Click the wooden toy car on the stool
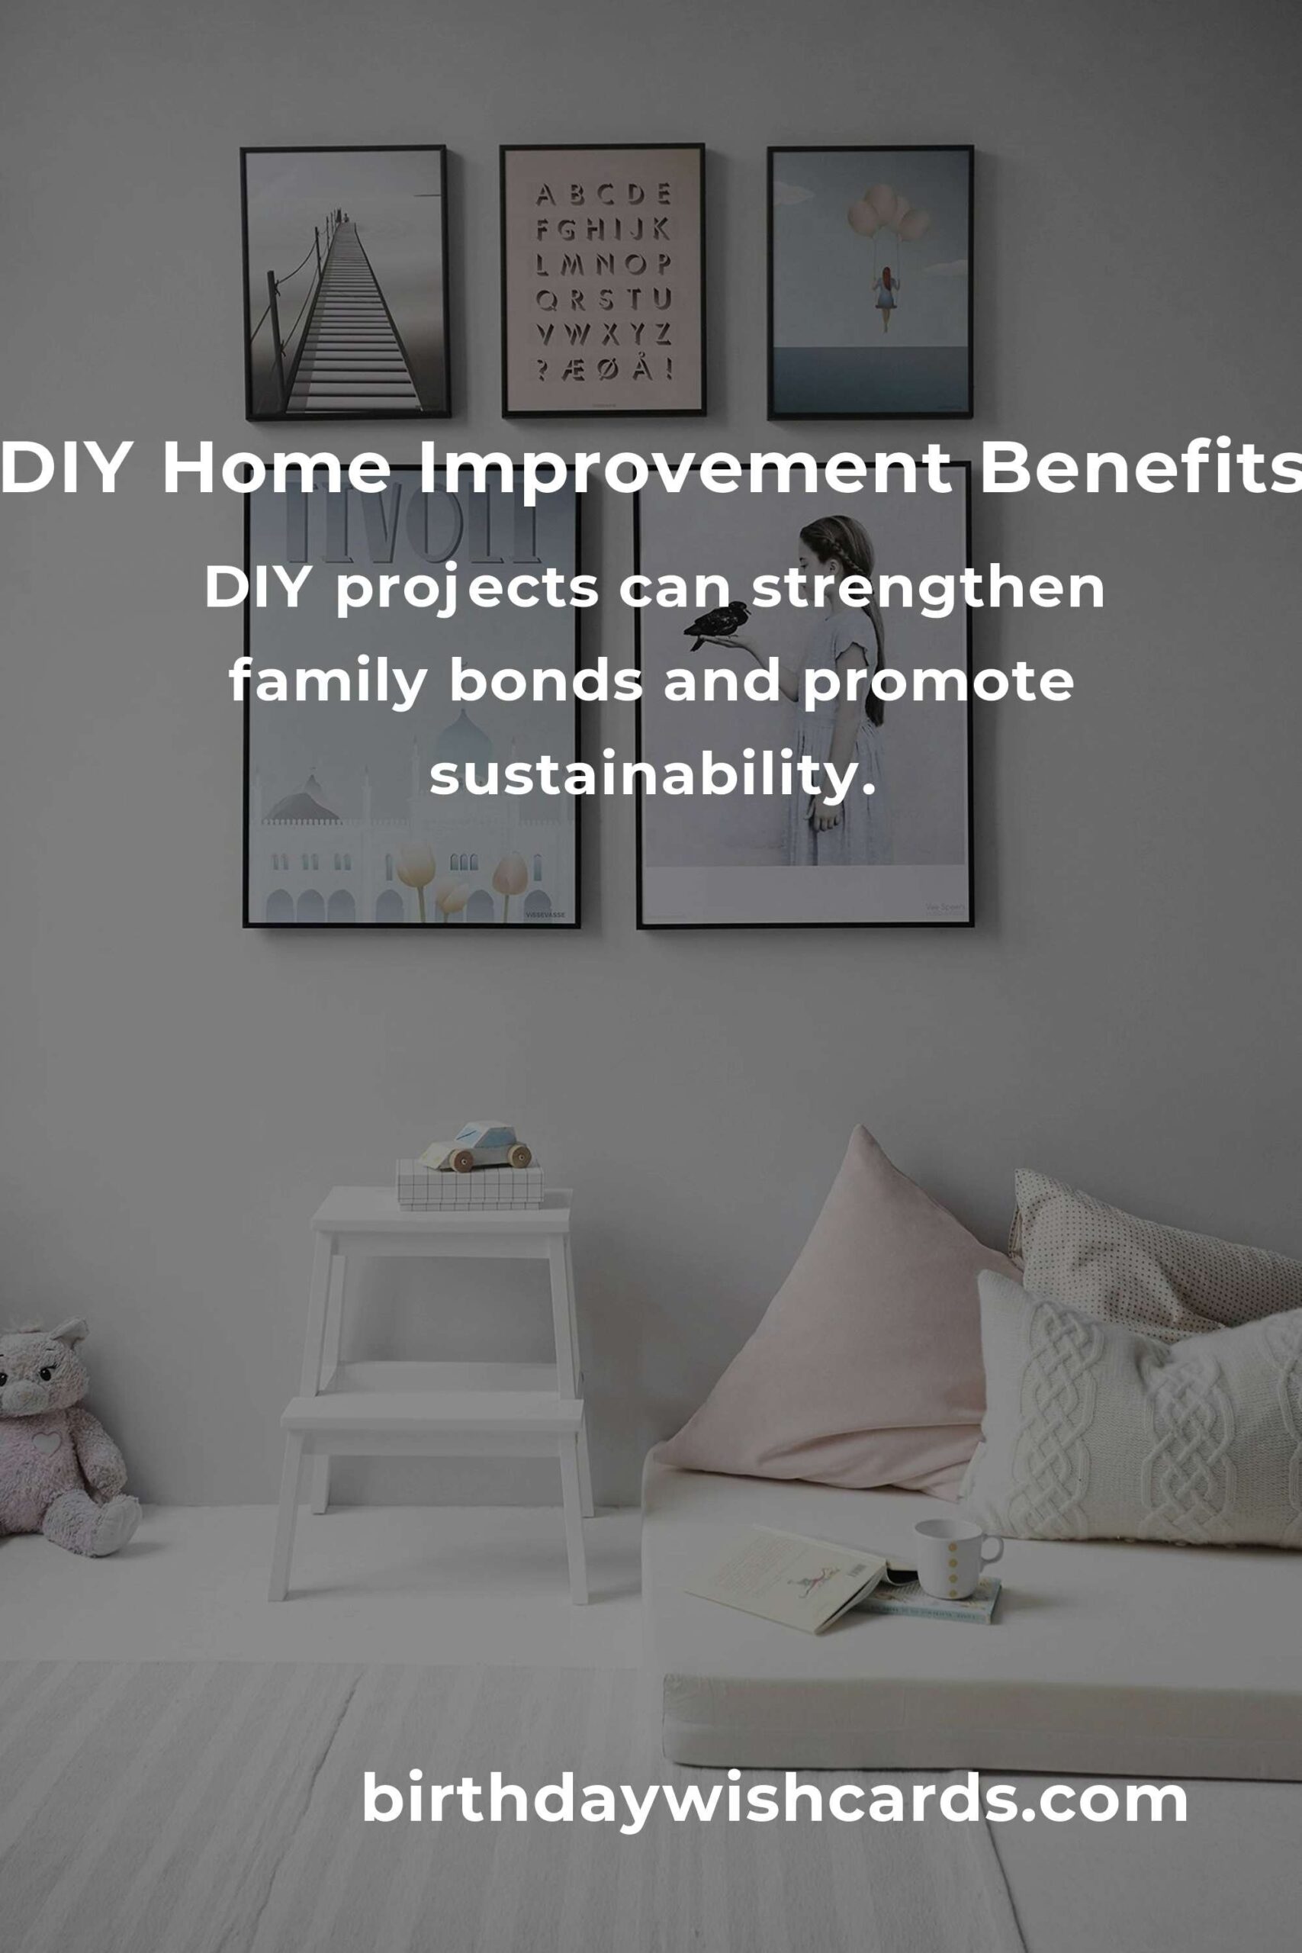point(476,1147)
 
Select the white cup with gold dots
point(956,1558)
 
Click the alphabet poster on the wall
point(603,280)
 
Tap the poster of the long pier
point(346,282)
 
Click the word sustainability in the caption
point(653,775)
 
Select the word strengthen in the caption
point(927,588)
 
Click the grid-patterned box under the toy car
point(470,1183)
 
